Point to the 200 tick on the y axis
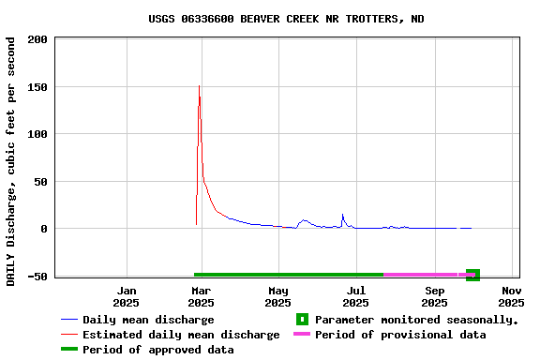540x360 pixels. coord(38,39)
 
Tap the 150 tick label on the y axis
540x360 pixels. coord(38,87)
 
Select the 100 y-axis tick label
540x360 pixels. coord(38,134)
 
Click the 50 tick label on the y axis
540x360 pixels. coord(41,182)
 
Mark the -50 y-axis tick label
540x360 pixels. coord(38,277)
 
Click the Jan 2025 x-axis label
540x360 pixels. coord(126,296)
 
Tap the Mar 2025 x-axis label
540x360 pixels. coord(201,296)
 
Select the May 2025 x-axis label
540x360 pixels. coord(277,296)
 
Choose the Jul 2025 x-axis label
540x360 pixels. coord(355,296)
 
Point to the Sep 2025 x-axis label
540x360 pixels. coord(434,296)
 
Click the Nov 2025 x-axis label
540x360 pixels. coord(511,296)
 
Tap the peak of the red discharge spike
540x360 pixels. coord(199,86)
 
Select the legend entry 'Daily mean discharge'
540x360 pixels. coord(148,320)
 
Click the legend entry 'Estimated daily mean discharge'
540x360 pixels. coord(181,335)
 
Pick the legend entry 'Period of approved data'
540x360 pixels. coord(157,350)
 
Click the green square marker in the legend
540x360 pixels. coord(302,320)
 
